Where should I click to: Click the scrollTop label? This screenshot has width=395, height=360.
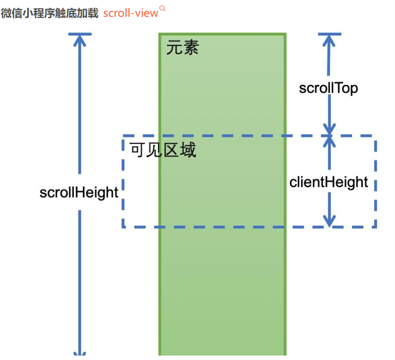click(328, 88)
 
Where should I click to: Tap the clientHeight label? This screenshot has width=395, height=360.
click(329, 182)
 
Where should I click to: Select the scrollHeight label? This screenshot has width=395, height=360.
click(79, 192)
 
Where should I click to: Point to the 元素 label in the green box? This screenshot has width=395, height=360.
click(182, 48)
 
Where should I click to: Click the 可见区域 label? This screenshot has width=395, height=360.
click(163, 150)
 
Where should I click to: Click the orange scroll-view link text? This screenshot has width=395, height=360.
click(130, 13)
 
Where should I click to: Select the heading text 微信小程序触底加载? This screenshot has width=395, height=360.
click(49, 13)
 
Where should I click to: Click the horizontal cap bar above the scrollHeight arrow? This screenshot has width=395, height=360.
click(79, 34)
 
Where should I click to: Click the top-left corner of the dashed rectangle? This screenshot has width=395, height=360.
click(123, 136)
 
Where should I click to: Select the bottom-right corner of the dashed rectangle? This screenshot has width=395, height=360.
click(375, 227)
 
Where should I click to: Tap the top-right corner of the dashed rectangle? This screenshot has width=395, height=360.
click(375, 136)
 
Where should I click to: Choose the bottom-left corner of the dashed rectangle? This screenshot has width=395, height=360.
click(123, 227)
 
